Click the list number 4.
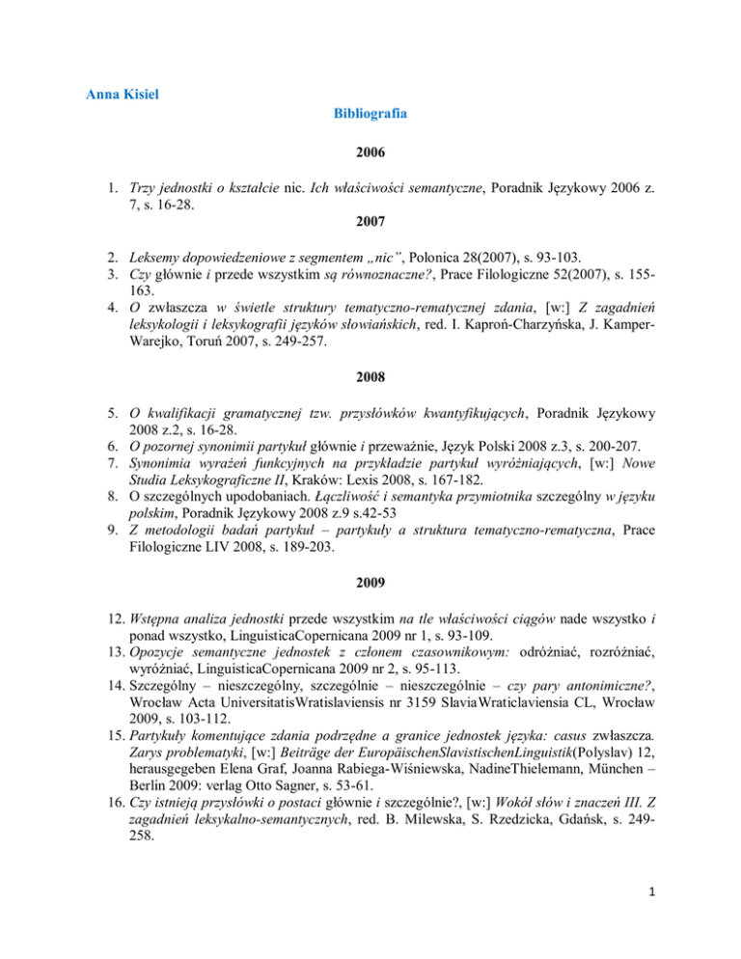tap(95, 312)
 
